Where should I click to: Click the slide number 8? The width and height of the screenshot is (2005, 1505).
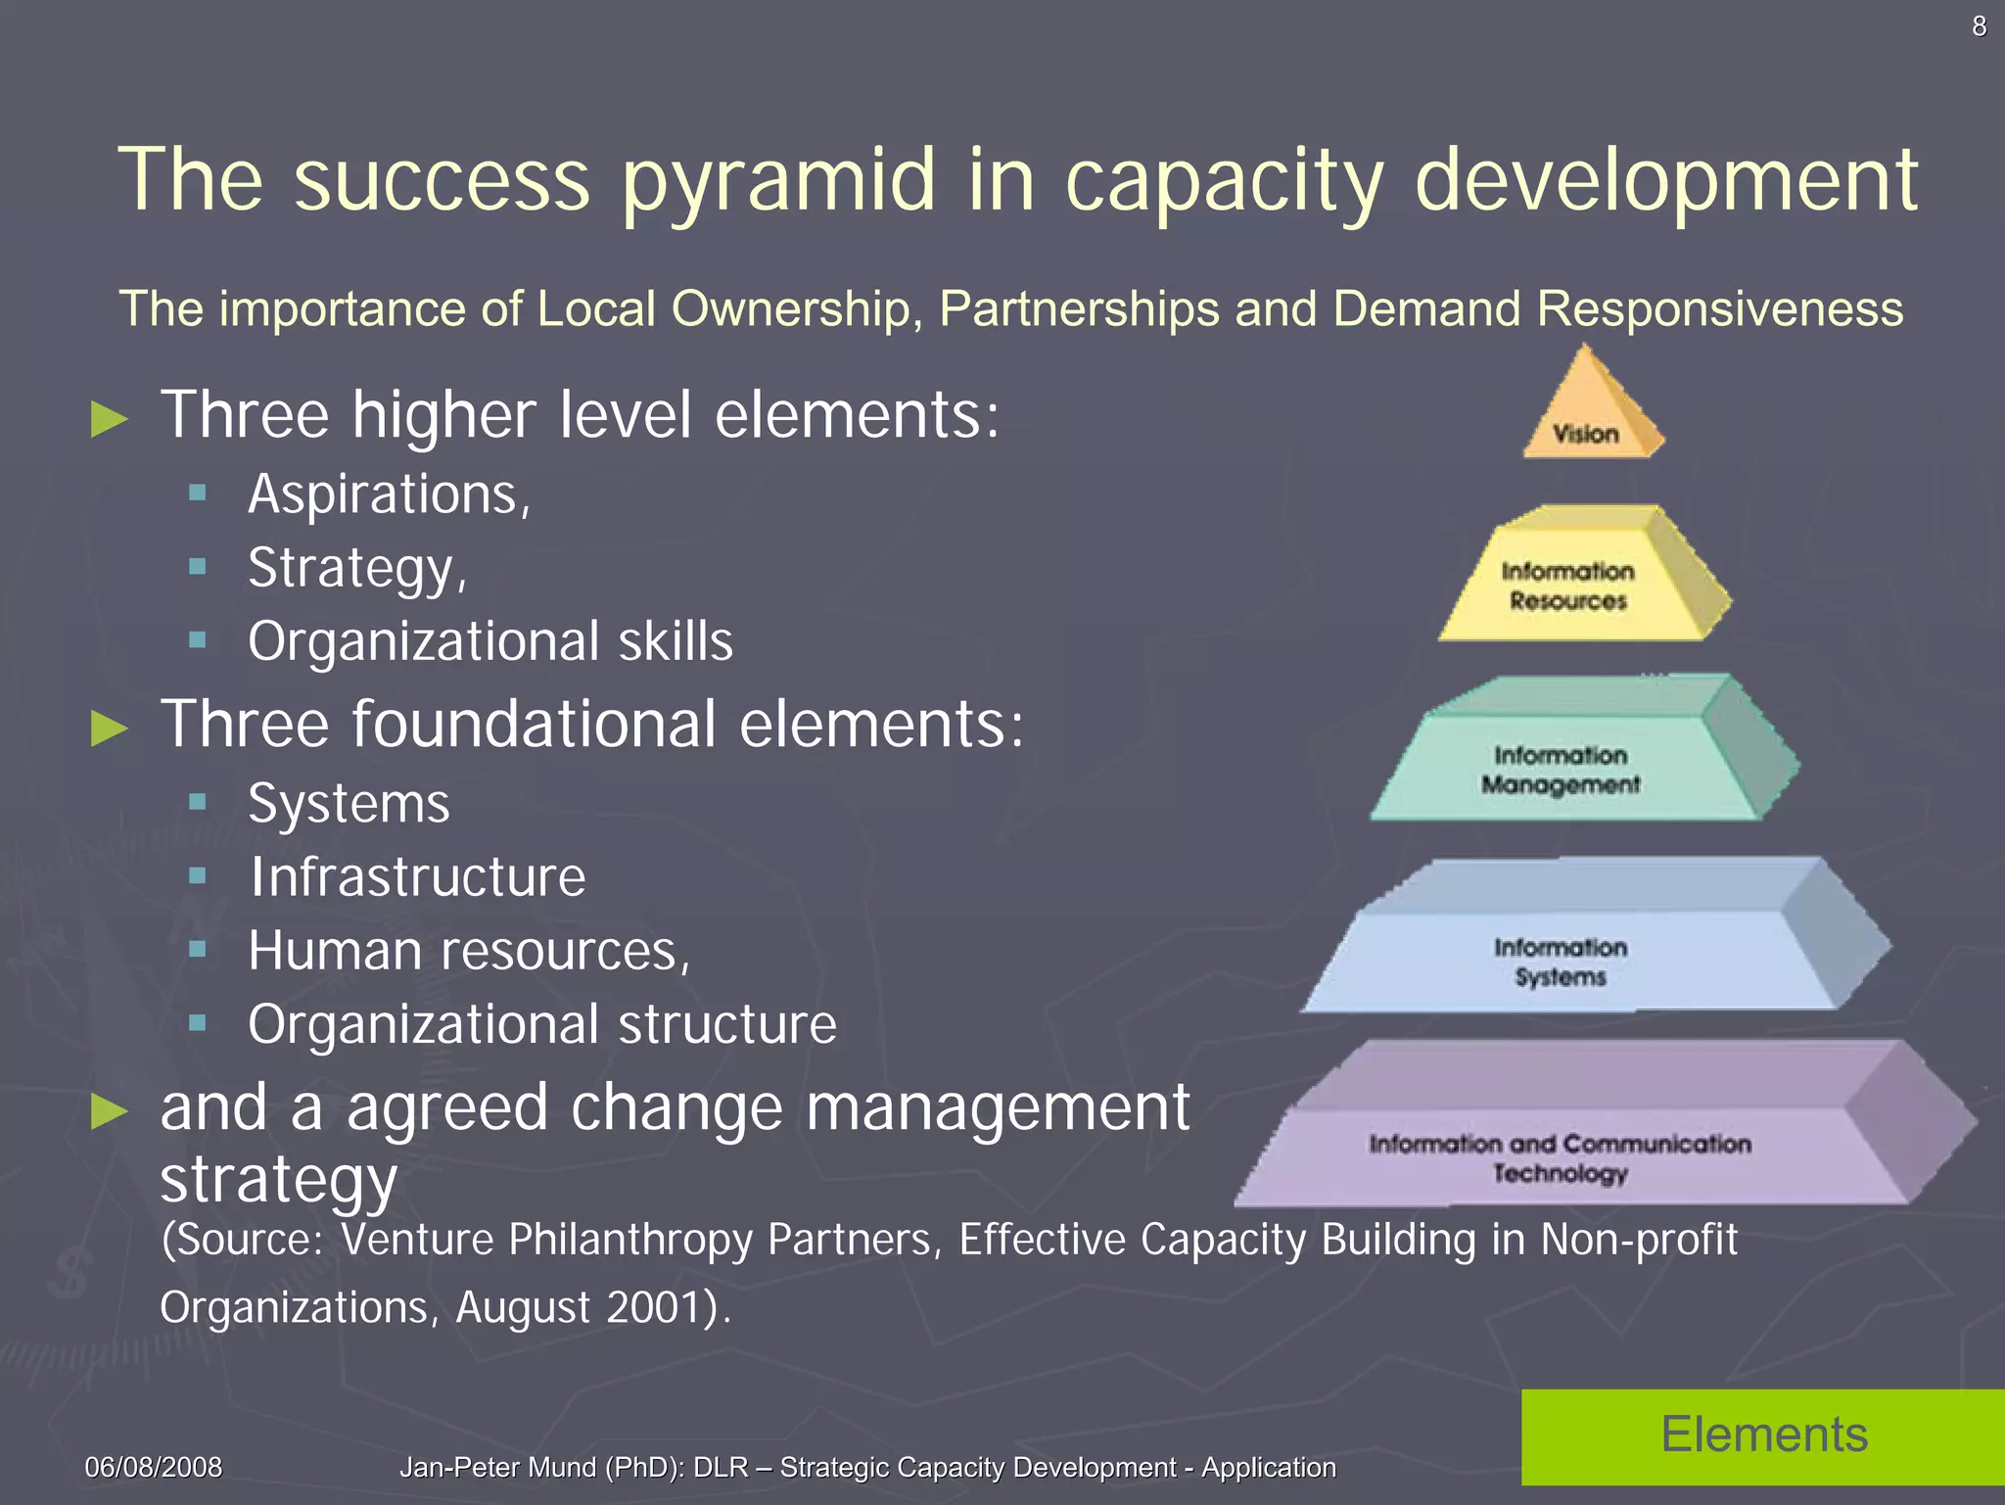1979,26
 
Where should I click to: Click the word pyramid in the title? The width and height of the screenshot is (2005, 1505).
778,180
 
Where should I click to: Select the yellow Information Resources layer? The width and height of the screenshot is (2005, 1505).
1569,585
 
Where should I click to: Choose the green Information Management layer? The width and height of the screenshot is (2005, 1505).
1561,769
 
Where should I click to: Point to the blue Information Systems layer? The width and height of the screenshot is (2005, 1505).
1561,962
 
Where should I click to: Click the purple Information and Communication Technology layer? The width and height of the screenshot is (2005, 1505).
1561,1157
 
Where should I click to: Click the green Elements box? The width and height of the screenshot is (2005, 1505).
1763,1435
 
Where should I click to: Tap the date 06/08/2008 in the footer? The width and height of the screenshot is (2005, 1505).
154,1467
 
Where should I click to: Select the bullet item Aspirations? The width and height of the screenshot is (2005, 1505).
389,494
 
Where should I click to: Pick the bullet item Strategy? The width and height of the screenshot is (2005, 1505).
357,568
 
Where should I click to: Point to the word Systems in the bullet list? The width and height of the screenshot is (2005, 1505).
349,803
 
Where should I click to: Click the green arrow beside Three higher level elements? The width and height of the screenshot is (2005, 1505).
109,419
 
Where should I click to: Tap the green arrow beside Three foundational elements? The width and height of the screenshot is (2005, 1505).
109,728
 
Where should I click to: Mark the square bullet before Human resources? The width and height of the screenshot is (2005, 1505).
198,949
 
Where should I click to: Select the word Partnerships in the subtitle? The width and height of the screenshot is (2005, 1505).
1079,309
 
